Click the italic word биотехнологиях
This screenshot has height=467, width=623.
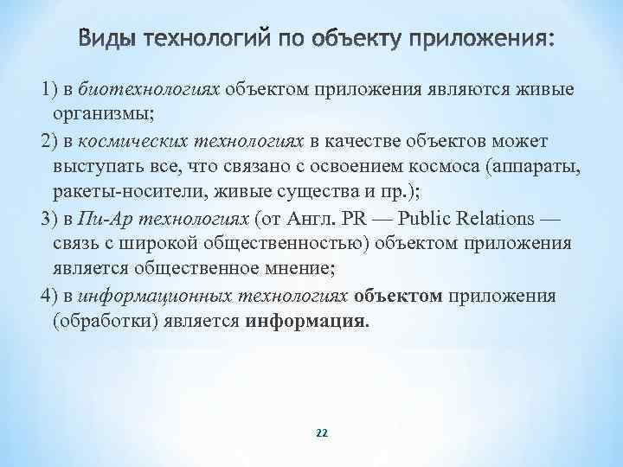(150, 88)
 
